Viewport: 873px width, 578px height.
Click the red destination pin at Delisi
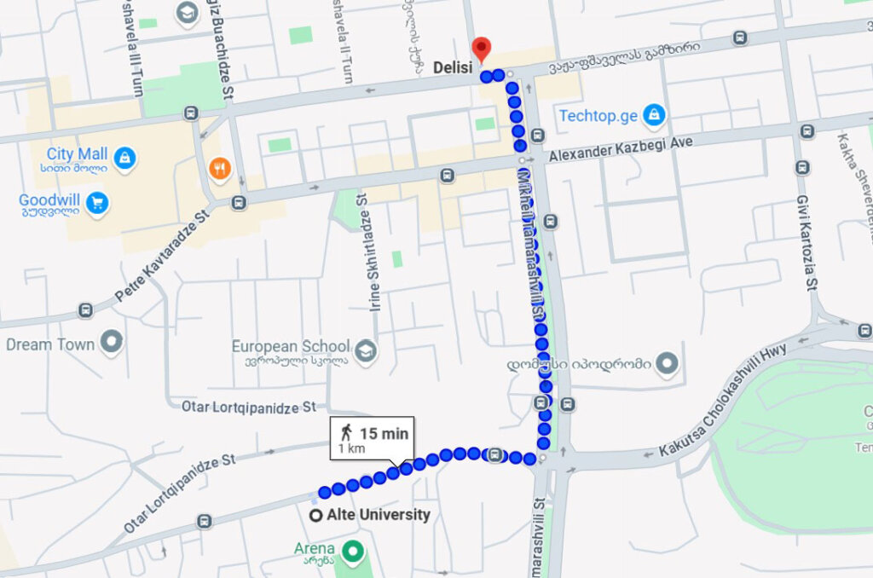[x=482, y=48]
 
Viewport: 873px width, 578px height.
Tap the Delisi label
[x=451, y=67]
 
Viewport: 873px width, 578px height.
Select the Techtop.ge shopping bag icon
[x=653, y=114]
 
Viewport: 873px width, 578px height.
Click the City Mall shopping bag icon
[x=124, y=158]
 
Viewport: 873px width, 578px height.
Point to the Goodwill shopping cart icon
[x=98, y=203]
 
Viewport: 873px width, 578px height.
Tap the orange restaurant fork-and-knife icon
[x=220, y=169]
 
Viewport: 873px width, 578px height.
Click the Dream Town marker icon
[x=111, y=344]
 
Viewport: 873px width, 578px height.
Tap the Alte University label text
[x=378, y=515]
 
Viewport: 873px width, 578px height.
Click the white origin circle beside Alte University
[x=315, y=515]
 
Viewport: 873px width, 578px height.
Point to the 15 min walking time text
[x=384, y=433]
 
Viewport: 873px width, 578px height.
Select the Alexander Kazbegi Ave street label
[x=621, y=149]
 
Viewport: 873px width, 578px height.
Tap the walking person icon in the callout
[x=347, y=433]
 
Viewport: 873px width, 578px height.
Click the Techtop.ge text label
[x=598, y=115]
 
